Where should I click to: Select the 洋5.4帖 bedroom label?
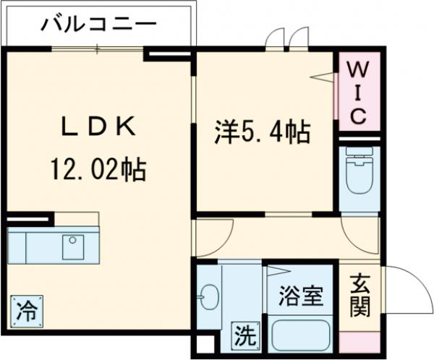tap(262, 132)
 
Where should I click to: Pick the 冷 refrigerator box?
tap(25, 312)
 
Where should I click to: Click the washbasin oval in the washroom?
tap(210, 296)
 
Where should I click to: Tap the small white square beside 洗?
tap(205, 345)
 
